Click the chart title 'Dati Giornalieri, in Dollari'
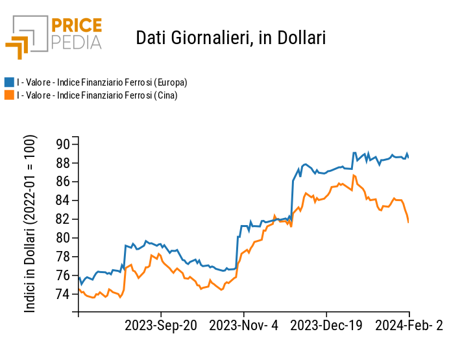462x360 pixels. [x=230, y=38]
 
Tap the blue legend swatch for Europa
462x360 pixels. [x=9, y=82]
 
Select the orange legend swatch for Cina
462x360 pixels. [x=9, y=95]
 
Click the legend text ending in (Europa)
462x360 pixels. [x=102, y=82]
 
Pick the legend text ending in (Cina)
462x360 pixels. [x=97, y=95]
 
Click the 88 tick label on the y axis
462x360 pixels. [x=63, y=163]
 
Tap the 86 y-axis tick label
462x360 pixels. [x=63, y=182]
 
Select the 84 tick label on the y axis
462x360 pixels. [x=63, y=200]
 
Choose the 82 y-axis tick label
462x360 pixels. [x=63, y=219]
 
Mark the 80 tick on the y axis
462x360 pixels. [x=63, y=238]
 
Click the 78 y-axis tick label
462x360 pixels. [x=63, y=257]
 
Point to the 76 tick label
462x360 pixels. [x=63, y=276]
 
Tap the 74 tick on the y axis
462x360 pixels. [x=63, y=294]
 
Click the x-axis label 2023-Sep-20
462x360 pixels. [x=160, y=326]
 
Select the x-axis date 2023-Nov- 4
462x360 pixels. [x=243, y=326]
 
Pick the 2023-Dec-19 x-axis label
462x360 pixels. [x=326, y=326]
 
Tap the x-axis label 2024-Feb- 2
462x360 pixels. [x=409, y=326]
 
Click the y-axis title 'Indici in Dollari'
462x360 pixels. [x=30, y=224]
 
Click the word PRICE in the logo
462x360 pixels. [x=76, y=26]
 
